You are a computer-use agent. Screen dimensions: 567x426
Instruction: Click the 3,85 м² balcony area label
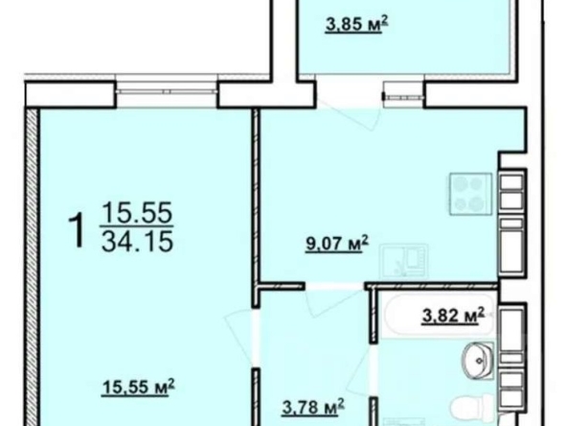click(357, 24)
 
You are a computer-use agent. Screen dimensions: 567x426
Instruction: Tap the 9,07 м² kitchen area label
click(337, 244)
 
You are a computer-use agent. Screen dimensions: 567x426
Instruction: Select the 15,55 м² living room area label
click(139, 387)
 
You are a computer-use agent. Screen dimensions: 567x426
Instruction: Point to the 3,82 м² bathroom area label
click(453, 316)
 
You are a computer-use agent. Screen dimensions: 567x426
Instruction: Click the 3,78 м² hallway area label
click(313, 407)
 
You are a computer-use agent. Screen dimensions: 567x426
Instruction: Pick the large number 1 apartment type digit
click(77, 230)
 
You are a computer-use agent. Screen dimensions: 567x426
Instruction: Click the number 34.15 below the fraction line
click(137, 242)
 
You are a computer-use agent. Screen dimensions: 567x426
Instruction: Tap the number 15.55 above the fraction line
click(137, 212)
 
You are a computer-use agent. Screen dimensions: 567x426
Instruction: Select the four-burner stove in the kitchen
click(470, 194)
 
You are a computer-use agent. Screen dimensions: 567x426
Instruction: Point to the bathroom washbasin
click(477, 361)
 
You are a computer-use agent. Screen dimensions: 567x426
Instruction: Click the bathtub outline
click(439, 314)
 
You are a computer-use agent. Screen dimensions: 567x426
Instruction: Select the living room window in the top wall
click(167, 92)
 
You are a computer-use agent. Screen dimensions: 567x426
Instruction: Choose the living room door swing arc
click(239, 337)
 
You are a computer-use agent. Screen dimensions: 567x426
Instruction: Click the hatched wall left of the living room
click(33, 268)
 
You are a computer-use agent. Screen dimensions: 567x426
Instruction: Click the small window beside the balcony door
click(404, 97)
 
